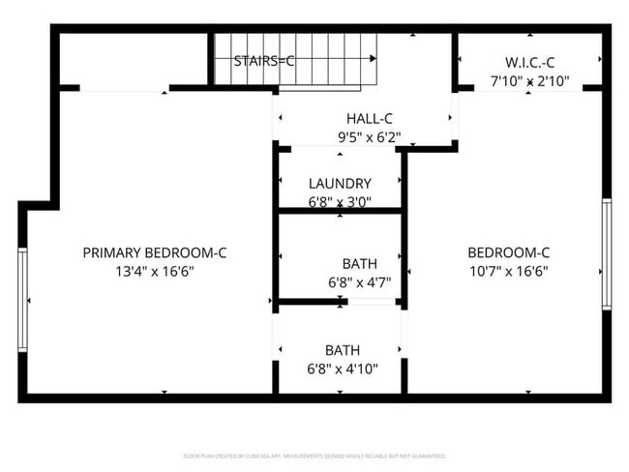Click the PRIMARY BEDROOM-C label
(x=154, y=253)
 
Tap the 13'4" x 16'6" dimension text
(x=154, y=272)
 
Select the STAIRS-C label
(x=264, y=61)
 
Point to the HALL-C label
(x=361, y=119)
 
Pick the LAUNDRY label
(x=340, y=184)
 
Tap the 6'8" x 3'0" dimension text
(x=340, y=202)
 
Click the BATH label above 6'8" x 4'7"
(x=359, y=264)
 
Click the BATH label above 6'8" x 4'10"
(x=343, y=350)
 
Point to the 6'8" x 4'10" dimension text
(x=342, y=369)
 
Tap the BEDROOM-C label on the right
(x=508, y=253)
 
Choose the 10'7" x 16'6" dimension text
(x=508, y=272)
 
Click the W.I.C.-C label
(x=529, y=63)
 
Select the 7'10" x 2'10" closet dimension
(x=529, y=81)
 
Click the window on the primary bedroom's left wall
(x=22, y=299)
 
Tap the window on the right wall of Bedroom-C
(x=607, y=253)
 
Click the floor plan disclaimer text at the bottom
(x=314, y=455)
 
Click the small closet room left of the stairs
(x=134, y=60)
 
